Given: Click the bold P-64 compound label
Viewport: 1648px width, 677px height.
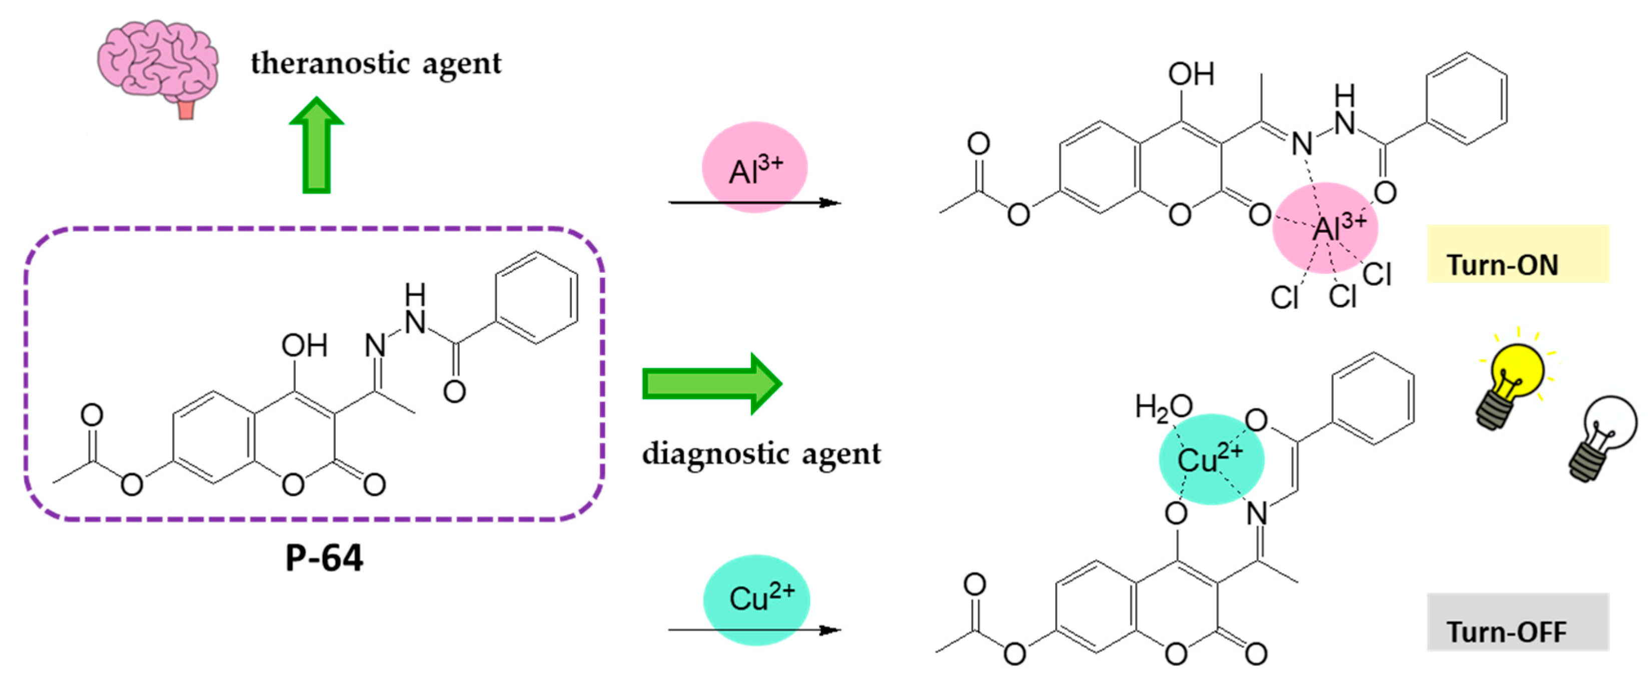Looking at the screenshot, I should (324, 558).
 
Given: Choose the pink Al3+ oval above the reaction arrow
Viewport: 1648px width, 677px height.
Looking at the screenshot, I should (755, 168).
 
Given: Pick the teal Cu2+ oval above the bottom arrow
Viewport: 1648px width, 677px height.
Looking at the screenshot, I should (757, 599).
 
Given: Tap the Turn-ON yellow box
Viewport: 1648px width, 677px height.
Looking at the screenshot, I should (1517, 254).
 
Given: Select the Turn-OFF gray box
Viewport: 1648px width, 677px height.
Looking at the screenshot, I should (1517, 622).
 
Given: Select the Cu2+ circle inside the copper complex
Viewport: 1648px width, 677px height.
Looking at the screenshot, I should (1211, 459).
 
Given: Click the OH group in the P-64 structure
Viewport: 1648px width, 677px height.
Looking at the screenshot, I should (305, 346).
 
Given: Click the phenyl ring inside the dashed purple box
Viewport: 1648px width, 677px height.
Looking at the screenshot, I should (537, 298).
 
